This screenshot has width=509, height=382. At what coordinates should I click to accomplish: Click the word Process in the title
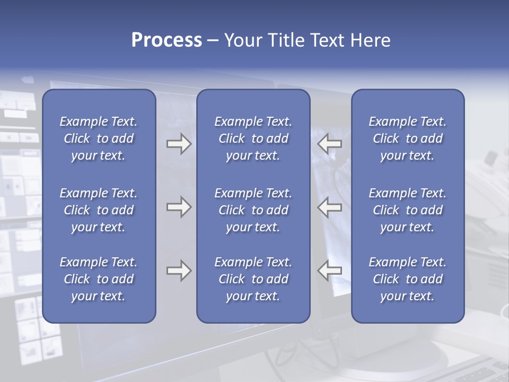(x=166, y=40)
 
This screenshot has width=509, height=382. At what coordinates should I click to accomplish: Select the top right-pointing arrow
(x=179, y=144)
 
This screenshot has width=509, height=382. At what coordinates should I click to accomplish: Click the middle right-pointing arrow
(x=179, y=207)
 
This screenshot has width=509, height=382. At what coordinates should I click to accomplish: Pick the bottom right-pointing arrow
(x=179, y=271)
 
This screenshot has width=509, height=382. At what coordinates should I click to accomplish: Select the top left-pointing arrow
(x=330, y=144)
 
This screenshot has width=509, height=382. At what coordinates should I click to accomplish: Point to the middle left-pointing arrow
(x=330, y=207)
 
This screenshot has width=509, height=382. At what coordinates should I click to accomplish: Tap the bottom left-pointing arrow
(x=330, y=271)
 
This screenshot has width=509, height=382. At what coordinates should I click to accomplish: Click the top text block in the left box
(x=99, y=138)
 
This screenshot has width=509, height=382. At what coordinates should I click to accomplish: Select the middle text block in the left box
(x=99, y=210)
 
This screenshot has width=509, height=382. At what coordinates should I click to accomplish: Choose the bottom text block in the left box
(x=99, y=279)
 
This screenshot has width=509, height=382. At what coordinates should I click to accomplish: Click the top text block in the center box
(x=253, y=138)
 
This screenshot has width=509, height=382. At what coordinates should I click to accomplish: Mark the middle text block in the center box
(x=253, y=210)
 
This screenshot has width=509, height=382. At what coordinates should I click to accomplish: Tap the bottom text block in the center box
(x=253, y=279)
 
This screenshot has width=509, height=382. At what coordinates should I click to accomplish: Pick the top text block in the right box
(x=407, y=138)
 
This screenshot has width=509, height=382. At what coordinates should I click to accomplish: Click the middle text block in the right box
(x=407, y=210)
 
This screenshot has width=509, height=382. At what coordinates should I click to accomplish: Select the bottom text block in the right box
(x=407, y=279)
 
